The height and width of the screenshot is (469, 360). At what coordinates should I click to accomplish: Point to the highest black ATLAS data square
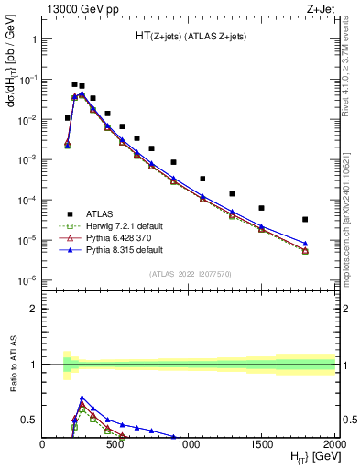74,83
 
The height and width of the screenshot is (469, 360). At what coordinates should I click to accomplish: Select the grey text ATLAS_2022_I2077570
189,273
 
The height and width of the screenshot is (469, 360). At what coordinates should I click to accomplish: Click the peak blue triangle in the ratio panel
82,398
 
